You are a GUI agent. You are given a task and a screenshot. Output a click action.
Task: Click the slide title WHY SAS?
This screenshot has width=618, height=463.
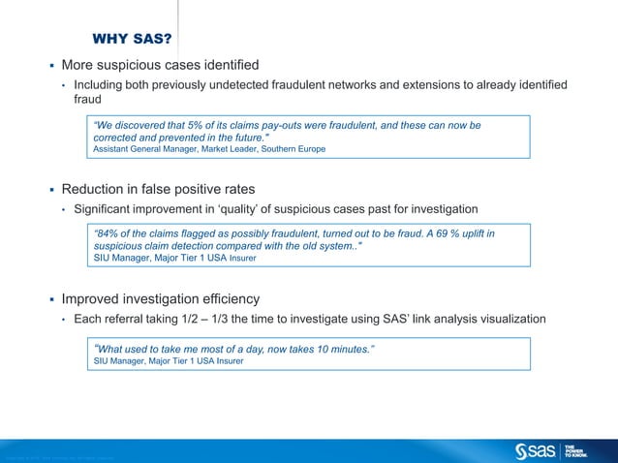click(x=132, y=40)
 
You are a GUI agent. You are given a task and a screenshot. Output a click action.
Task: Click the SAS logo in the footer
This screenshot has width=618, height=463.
click(x=538, y=450)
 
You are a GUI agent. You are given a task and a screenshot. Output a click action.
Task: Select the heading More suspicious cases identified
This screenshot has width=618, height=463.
click(x=160, y=66)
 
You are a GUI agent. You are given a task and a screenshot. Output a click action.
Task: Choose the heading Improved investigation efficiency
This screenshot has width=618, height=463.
click(x=160, y=298)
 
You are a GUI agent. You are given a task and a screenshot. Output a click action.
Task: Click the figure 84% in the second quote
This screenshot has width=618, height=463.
click(x=108, y=234)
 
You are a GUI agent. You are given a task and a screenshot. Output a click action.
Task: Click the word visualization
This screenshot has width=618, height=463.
click(x=510, y=320)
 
